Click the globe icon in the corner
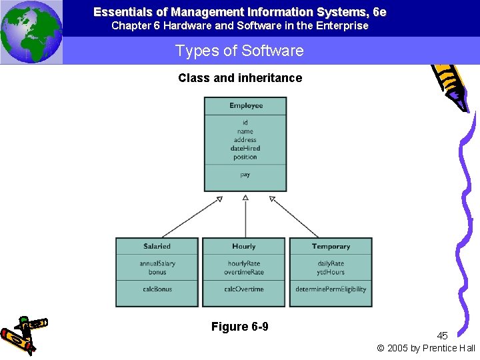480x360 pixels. [31, 32]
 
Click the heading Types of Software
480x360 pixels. [239, 51]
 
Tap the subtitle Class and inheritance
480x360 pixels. [240, 78]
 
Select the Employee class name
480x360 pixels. [245, 105]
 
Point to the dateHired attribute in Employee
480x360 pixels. [245, 149]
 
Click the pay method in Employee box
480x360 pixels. [245, 175]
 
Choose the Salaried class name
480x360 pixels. [157, 246]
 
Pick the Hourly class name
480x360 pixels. [243, 246]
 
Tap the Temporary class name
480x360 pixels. [331, 246]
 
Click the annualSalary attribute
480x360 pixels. [157, 263]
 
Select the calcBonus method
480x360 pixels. [157, 289]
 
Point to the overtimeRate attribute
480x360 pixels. [244, 272]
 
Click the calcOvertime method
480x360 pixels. [244, 289]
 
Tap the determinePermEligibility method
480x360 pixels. [331, 289]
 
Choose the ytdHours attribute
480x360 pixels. [331, 272]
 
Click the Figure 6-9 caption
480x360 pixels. [240, 327]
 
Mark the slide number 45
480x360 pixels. [443, 336]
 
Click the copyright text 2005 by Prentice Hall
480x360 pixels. [427, 348]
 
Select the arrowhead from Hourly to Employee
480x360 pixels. [245, 198]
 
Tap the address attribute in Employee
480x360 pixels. [245, 140]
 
